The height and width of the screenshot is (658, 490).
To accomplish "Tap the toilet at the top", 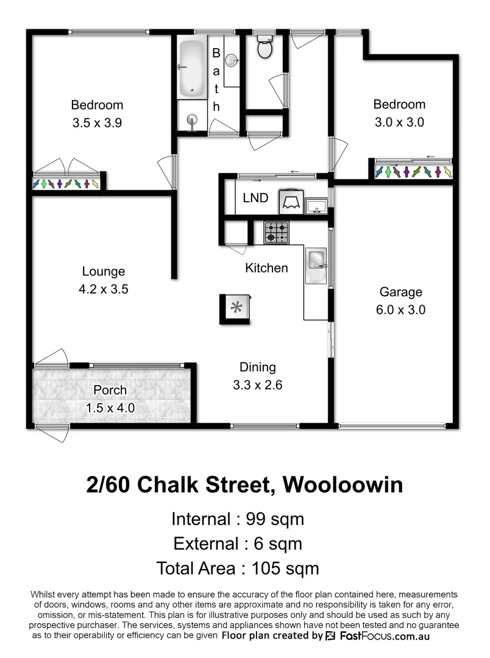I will [x=265, y=48].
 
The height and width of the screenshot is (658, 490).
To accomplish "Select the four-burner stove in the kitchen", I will [x=277, y=233].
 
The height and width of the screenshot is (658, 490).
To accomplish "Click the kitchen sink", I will [x=317, y=261].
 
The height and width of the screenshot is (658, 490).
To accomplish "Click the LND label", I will [x=255, y=198].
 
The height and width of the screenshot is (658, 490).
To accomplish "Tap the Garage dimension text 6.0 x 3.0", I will [x=400, y=310].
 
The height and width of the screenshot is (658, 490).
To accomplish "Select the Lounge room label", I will [x=102, y=272].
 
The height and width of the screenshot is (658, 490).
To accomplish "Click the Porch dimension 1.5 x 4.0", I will [x=110, y=408].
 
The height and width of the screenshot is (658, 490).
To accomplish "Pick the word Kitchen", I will [x=266, y=268].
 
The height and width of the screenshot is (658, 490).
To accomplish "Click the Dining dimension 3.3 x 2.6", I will [x=257, y=385].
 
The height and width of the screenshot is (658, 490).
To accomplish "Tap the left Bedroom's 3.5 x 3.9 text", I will [x=97, y=122].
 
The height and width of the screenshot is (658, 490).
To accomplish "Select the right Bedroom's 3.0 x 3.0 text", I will [x=399, y=122].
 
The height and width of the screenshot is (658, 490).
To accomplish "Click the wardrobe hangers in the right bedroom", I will [x=414, y=172].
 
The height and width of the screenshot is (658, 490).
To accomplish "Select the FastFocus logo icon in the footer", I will [x=330, y=636].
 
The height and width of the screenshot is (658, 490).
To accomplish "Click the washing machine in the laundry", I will [x=290, y=201].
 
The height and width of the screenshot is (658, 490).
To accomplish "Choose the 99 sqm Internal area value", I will [x=274, y=520].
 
